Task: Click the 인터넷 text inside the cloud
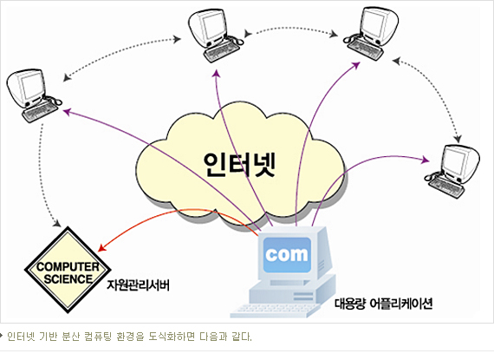click(239, 165)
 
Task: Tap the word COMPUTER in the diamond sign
click(68, 266)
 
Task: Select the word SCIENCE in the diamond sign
click(68, 279)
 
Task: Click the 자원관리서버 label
click(139, 285)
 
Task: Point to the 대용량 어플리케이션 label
click(383, 304)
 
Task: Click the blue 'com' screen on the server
click(287, 255)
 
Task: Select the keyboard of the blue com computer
click(274, 311)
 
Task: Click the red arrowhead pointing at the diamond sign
click(101, 248)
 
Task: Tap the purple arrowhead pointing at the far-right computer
click(426, 160)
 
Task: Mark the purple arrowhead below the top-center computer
click(217, 73)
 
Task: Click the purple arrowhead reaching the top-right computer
click(355, 65)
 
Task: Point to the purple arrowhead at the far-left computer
click(67, 111)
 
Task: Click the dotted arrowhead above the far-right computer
click(458, 139)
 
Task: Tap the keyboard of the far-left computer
click(40, 112)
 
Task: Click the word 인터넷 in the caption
click(21, 337)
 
